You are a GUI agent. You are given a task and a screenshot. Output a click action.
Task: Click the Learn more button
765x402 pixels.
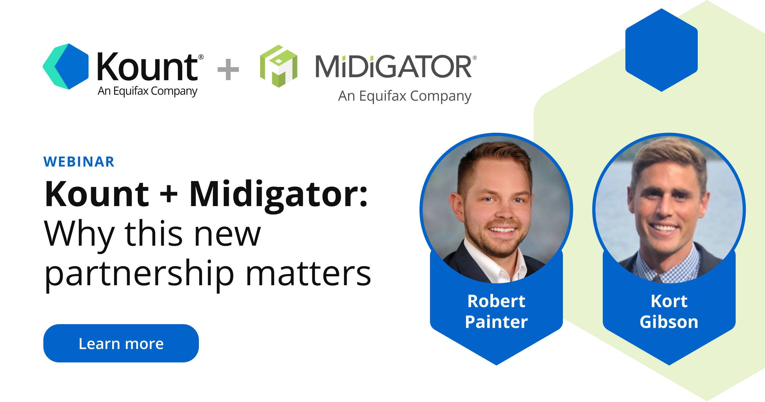[x=121, y=343]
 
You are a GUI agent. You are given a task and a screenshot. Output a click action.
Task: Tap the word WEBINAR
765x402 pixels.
[x=79, y=162]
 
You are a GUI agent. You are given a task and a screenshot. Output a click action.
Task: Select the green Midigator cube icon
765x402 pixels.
[x=279, y=66]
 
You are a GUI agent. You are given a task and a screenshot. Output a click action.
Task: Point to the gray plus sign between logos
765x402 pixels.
[x=228, y=69]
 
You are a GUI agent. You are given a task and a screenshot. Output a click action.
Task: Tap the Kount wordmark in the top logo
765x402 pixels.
[x=148, y=67]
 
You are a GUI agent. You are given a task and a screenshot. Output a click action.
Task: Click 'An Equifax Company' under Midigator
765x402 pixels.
[x=404, y=96]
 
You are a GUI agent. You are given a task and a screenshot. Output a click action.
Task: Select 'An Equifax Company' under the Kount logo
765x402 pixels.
[x=147, y=91]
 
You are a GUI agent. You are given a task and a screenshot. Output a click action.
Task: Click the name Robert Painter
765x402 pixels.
[x=496, y=311]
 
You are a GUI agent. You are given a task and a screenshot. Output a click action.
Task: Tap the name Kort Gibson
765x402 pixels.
[x=669, y=311]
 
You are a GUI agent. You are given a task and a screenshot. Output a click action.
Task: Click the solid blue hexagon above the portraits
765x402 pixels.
[x=661, y=50]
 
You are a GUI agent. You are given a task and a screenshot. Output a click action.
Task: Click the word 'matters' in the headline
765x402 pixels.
[x=309, y=274]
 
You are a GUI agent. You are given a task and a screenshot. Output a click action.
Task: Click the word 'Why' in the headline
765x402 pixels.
[x=79, y=235]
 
